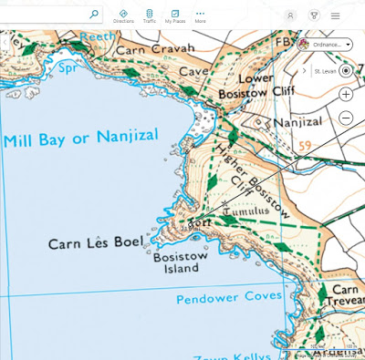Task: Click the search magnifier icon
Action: pos(94,15)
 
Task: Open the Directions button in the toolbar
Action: pos(123,15)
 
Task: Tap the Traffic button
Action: pos(149,15)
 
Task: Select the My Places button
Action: pos(174,15)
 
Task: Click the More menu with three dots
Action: pos(200,15)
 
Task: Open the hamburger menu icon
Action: pos(336,15)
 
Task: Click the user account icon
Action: pos(290,15)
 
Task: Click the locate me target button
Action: pos(347,70)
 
